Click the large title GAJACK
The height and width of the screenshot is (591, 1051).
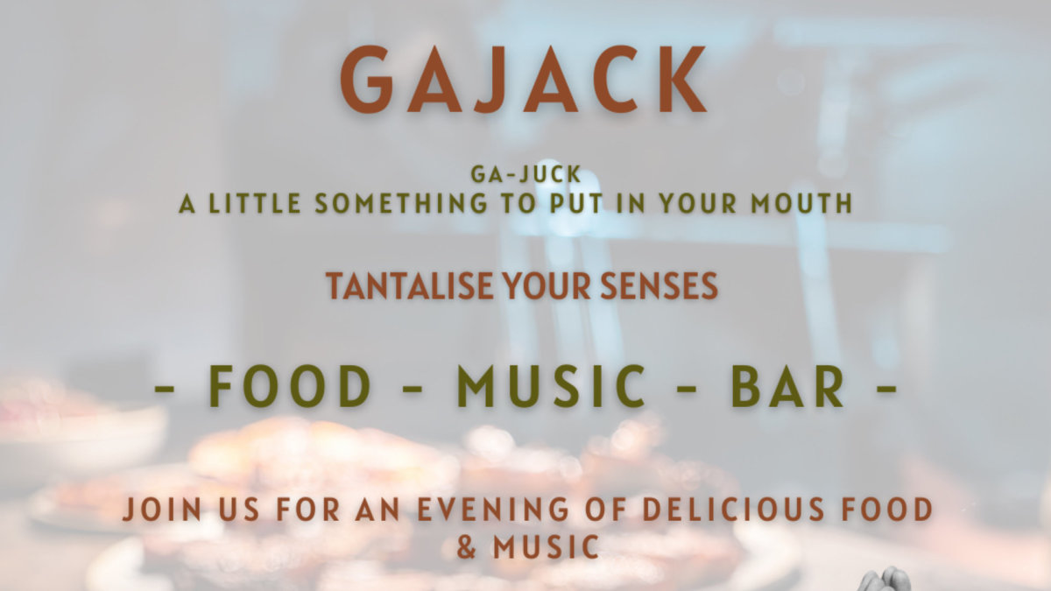tap(523, 81)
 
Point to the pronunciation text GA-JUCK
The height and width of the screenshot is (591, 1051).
tap(525, 174)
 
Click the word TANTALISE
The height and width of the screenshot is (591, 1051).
tap(394, 286)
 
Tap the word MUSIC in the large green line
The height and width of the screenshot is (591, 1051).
tap(552, 387)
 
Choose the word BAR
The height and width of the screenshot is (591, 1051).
tap(788, 387)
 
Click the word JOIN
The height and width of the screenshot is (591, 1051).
tap(158, 510)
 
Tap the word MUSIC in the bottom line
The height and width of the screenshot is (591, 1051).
tap(545, 548)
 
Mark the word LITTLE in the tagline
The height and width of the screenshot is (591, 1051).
tap(253, 204)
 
